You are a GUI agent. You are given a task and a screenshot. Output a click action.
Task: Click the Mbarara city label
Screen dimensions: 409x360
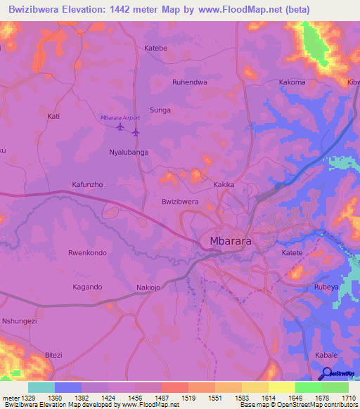click(x=231, y=242)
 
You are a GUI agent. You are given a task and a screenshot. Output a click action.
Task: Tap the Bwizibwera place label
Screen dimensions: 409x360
click(x=180, y=202)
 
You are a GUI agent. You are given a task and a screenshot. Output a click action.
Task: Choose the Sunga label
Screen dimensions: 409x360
click(x=160, y=110)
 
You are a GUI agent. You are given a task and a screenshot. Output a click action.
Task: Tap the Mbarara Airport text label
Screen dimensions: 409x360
click(x=120, y=117)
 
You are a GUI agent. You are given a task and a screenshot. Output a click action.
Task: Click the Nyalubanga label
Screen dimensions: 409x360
click(x=129, y=152)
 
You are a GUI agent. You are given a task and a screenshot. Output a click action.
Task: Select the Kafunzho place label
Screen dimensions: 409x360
click(x=88, y=185)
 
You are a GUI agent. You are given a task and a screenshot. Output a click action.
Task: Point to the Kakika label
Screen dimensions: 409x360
click(x=224, y=185)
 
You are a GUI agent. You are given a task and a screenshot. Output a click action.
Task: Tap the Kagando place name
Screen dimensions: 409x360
click(x=87, y=287)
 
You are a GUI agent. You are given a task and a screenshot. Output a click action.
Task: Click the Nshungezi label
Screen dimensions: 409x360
click(x=19, y=321)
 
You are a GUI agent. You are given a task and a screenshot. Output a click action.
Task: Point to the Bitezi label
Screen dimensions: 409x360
click(x=54, y=356)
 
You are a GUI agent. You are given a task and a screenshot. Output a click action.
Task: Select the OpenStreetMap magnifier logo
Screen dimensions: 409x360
click(x=326, y=373)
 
